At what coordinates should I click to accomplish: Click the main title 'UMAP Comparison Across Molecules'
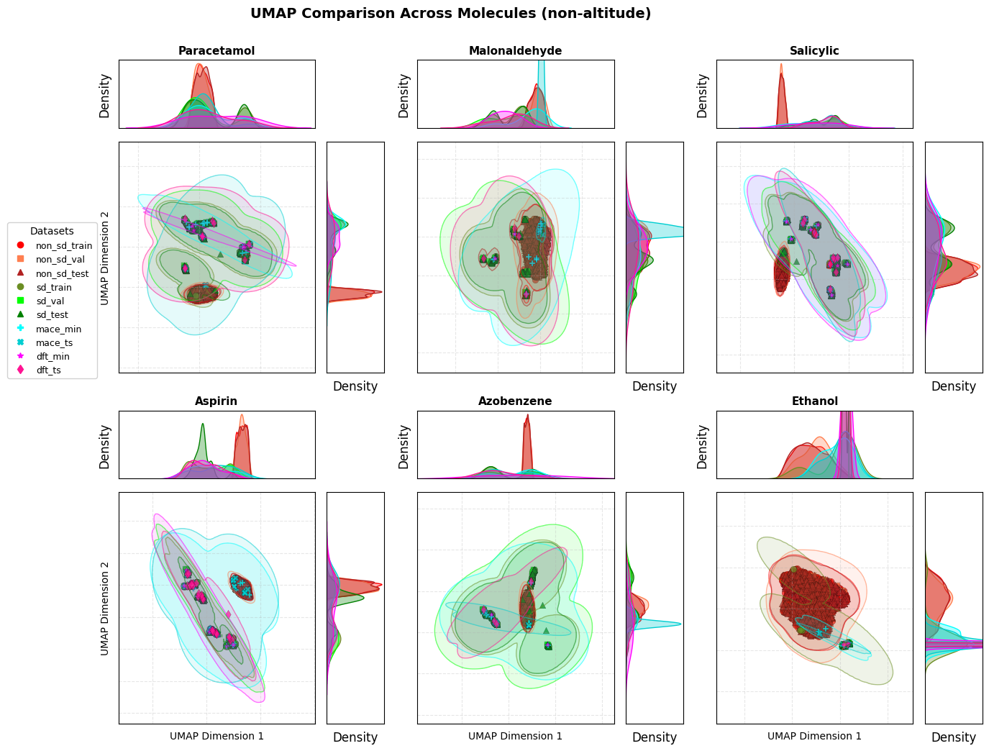coord(450,14)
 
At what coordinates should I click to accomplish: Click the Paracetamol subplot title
coord(217,51)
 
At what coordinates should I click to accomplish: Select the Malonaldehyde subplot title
coord(515,51)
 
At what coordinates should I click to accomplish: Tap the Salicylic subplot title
coord(814,51)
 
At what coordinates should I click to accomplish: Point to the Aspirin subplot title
coord(216,401)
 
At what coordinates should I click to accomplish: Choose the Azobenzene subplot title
coord(515,401)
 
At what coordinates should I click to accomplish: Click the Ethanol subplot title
coord(814,401)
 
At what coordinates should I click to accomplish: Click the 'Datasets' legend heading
coord(52,232)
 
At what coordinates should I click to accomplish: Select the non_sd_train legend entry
coord(64,246)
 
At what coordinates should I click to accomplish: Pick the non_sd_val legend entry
coord(60,260)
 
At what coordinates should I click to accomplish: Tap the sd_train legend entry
coord(54,288)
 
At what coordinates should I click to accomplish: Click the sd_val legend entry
coord(50,301)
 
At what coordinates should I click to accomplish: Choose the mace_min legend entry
coord(58,329)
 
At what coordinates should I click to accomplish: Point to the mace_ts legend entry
coord(54,343)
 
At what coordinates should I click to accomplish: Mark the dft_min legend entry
coord(53,357)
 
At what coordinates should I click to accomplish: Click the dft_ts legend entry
coord(49,370)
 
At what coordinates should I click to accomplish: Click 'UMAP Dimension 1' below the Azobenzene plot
coord(515,737)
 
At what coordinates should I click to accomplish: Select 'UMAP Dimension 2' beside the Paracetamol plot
coord(105,258)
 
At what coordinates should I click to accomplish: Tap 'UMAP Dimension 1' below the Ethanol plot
coord(814,737)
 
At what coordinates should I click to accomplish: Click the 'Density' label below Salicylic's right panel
coord(953,386)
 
